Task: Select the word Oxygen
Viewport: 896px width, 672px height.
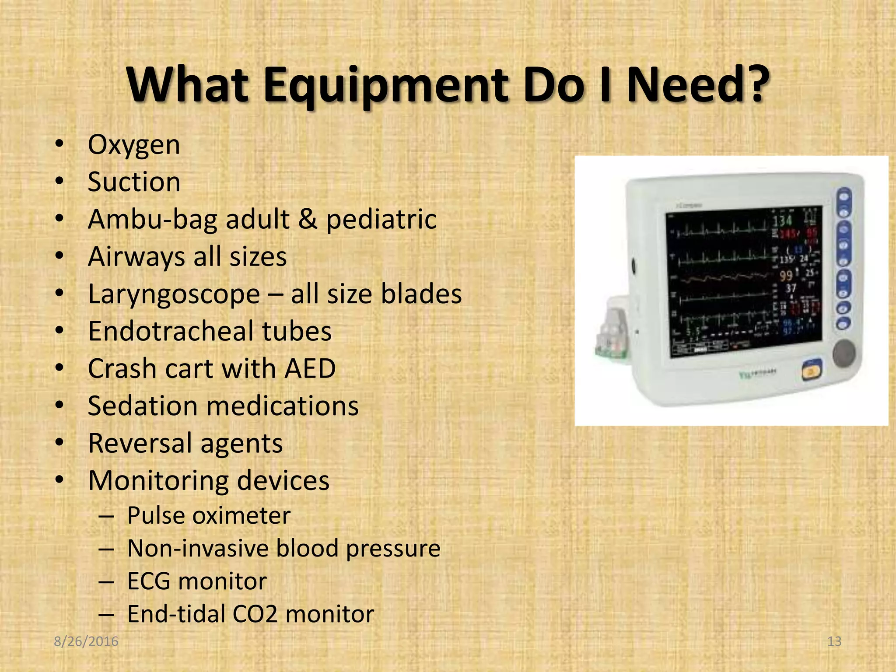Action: (x=134, y=145)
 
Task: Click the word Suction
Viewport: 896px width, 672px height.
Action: (x=134, y=182)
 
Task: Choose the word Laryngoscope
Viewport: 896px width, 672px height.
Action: (x=174, y=294)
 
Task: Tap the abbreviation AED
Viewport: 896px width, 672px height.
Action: (x=310, y=368)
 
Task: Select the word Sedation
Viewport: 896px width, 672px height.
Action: (x=143, y=406)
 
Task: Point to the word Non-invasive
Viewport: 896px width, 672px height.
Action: (x=197, y=548)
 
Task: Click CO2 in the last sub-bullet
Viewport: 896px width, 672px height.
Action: (x=255, y=614)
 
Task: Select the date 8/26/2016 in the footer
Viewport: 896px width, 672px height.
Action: (x=86, y=641)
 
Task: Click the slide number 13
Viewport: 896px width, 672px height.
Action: (x=834, y=641)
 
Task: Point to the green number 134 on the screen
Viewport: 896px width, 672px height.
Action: (x=782, y=220)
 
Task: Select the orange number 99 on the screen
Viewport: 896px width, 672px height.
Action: (x=786, y=276)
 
